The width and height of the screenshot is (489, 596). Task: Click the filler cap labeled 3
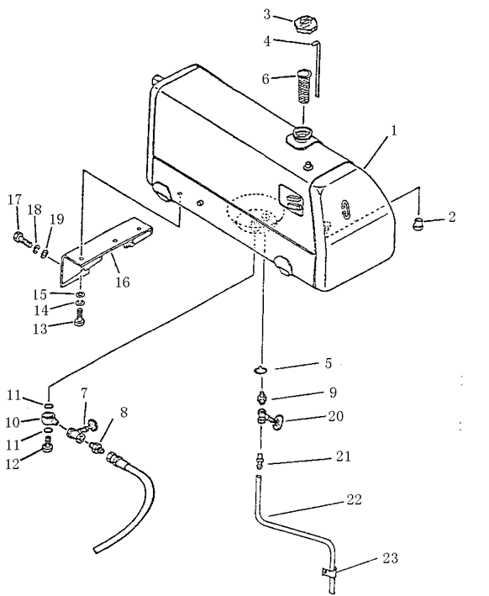305,24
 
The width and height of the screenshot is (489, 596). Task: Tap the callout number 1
394,130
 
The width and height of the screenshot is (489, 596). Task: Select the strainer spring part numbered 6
303,86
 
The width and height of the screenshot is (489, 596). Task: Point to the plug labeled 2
418,224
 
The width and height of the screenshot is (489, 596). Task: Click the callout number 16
123,282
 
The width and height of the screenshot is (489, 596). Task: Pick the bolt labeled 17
23,239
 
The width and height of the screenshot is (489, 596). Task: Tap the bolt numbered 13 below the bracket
80,317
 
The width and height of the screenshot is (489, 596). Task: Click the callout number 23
390,558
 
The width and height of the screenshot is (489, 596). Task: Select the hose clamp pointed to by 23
329,572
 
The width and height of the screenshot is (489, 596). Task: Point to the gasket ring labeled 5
260,369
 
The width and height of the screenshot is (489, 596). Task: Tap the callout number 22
354,499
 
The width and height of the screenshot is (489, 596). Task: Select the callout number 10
13,422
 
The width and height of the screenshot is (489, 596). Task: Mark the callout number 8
124,413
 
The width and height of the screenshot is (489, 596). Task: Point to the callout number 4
267,41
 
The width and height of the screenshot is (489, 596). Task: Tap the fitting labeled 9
260,397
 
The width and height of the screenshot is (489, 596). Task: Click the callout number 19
56,219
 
